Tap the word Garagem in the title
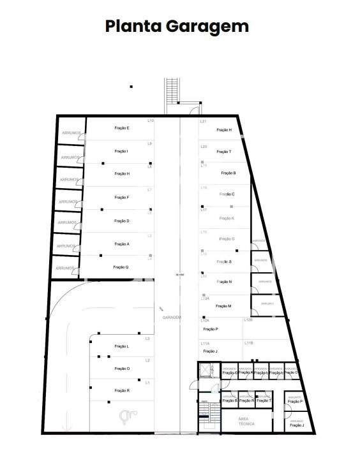(208, 27)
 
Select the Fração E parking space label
(122, 128)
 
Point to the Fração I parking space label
(121, 151)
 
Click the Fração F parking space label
(122, 198)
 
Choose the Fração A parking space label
(122, 244)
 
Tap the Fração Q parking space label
(121, 267)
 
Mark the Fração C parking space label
(227, 194)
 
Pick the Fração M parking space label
(223, 306)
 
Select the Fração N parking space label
(225, 281)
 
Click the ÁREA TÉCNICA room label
(247, 421)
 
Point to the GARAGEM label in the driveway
(172, 317)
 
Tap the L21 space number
(204, 121)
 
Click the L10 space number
(151, 121)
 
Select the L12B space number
(249, 321)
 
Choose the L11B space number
(249, 343)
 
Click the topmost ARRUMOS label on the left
(71, 133)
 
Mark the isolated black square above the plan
(131, 86)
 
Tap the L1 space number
(148, 383)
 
